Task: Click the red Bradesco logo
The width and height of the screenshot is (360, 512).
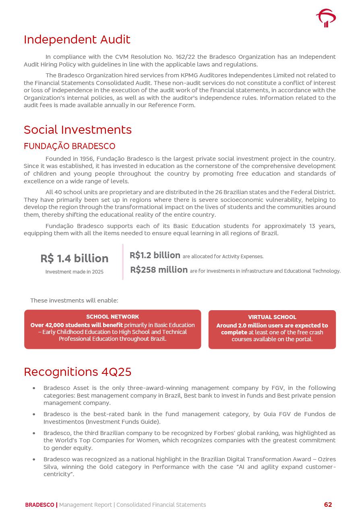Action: [x=326, y=18]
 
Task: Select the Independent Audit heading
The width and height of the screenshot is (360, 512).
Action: [x=77, y=39]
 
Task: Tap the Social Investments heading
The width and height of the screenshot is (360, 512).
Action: [x=78, y=130]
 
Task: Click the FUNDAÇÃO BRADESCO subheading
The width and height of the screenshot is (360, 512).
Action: [x=69, y=146]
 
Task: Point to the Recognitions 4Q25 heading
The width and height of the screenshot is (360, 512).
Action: [x=77, y=372]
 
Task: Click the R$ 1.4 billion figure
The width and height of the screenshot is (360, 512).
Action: [x=74, y=259]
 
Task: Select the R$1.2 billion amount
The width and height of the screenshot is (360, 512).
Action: [x=155, y=255]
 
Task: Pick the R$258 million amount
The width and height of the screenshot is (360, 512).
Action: [x=159, y=270]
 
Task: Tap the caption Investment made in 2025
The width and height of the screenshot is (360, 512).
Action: [x=74, y=272]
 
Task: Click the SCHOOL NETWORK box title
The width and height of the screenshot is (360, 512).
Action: [x=112, y=317]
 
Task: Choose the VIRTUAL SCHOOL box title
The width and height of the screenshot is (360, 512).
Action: [x=272, y=317]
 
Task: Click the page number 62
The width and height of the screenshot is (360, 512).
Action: [x=328, y=505]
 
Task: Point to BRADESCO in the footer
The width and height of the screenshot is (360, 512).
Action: [x=39, y=505]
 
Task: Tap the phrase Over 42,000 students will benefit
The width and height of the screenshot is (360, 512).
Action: [x=77, y=325]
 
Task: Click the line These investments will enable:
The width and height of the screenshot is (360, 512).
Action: [x=74, y=301]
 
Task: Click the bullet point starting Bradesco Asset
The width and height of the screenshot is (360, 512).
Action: [x=34, y=388]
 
